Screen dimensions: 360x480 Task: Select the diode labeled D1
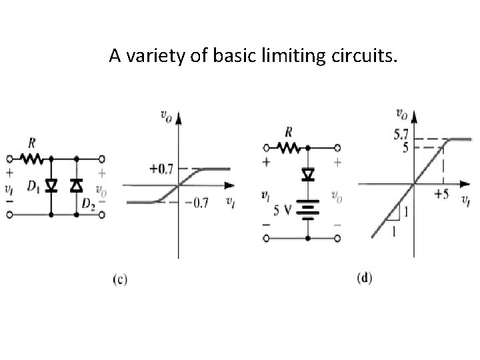pos(51,185)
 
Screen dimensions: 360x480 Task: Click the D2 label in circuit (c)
pos(88,203)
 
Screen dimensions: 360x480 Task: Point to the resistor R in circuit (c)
pos(31,159)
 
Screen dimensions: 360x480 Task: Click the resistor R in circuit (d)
pos(288,147)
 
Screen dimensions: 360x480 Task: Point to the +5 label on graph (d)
pos(441,195)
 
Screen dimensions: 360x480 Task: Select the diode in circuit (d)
pos(307,174)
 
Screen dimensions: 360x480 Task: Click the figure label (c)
pos(118,279)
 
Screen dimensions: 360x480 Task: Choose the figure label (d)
pos(364,277)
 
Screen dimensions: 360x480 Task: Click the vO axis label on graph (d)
pos(403,113)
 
